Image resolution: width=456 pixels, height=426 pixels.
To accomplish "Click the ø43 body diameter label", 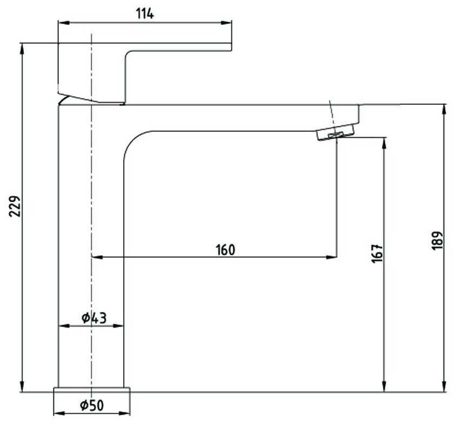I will coord(94,318).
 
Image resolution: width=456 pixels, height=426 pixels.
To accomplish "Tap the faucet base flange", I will coord(92,390).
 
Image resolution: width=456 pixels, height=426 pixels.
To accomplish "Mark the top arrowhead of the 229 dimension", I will coord(22,48).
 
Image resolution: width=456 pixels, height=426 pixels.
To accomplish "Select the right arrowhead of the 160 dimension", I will coord(333,257).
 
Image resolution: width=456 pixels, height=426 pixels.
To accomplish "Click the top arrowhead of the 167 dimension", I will coord(385,142).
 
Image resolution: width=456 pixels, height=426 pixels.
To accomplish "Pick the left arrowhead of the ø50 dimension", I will coord(58,414).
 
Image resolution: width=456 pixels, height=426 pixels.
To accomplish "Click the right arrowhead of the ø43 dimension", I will coord(120,326).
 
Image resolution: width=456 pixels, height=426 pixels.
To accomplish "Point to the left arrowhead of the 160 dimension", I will coord(96,257).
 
